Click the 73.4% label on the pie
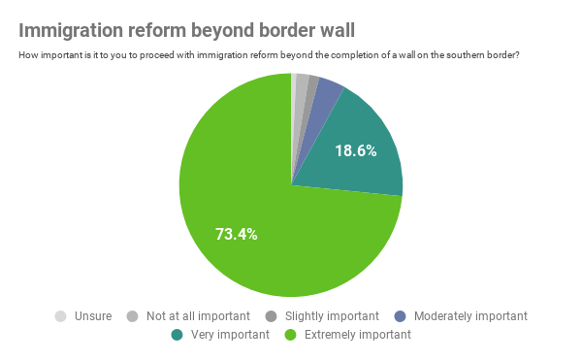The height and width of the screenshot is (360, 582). pyautogui.click(x=236, y=234)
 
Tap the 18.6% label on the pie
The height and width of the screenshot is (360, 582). pyautogui.click(x=355, y=150)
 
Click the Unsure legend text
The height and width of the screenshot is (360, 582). pyautogui.click(x=93, y=316)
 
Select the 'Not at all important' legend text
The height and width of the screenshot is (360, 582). pyautogui.click(x=197, y=316)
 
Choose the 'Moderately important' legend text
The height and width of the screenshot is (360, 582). pyautogui.click(x=470, y=316)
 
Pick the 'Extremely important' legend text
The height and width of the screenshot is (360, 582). pyautogui.click(x=359, y=335)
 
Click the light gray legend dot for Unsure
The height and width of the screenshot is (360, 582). pyautogui.click(x=61, y=316)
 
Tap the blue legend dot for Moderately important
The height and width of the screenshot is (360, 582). pyautogui.click(x=400, y=316)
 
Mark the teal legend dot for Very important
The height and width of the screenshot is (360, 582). pyautogui.click(x=177, y=335)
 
